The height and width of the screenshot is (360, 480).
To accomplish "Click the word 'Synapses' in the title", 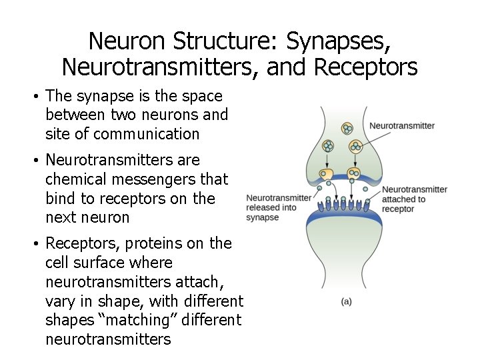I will point(339,41).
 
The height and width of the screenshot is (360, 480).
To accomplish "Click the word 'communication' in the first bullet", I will point(147,134).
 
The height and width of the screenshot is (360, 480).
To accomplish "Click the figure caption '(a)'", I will point(346,301).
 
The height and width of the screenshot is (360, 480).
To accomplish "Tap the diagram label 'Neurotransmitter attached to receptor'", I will point(414,199).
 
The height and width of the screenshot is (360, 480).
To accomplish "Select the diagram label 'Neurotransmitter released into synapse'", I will point(279,207).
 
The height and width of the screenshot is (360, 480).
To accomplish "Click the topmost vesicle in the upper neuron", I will point(347,128).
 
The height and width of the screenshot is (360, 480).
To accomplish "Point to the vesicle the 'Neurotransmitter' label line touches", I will point(356,145).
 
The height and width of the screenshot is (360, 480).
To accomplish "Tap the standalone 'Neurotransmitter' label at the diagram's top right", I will point(402,125).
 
